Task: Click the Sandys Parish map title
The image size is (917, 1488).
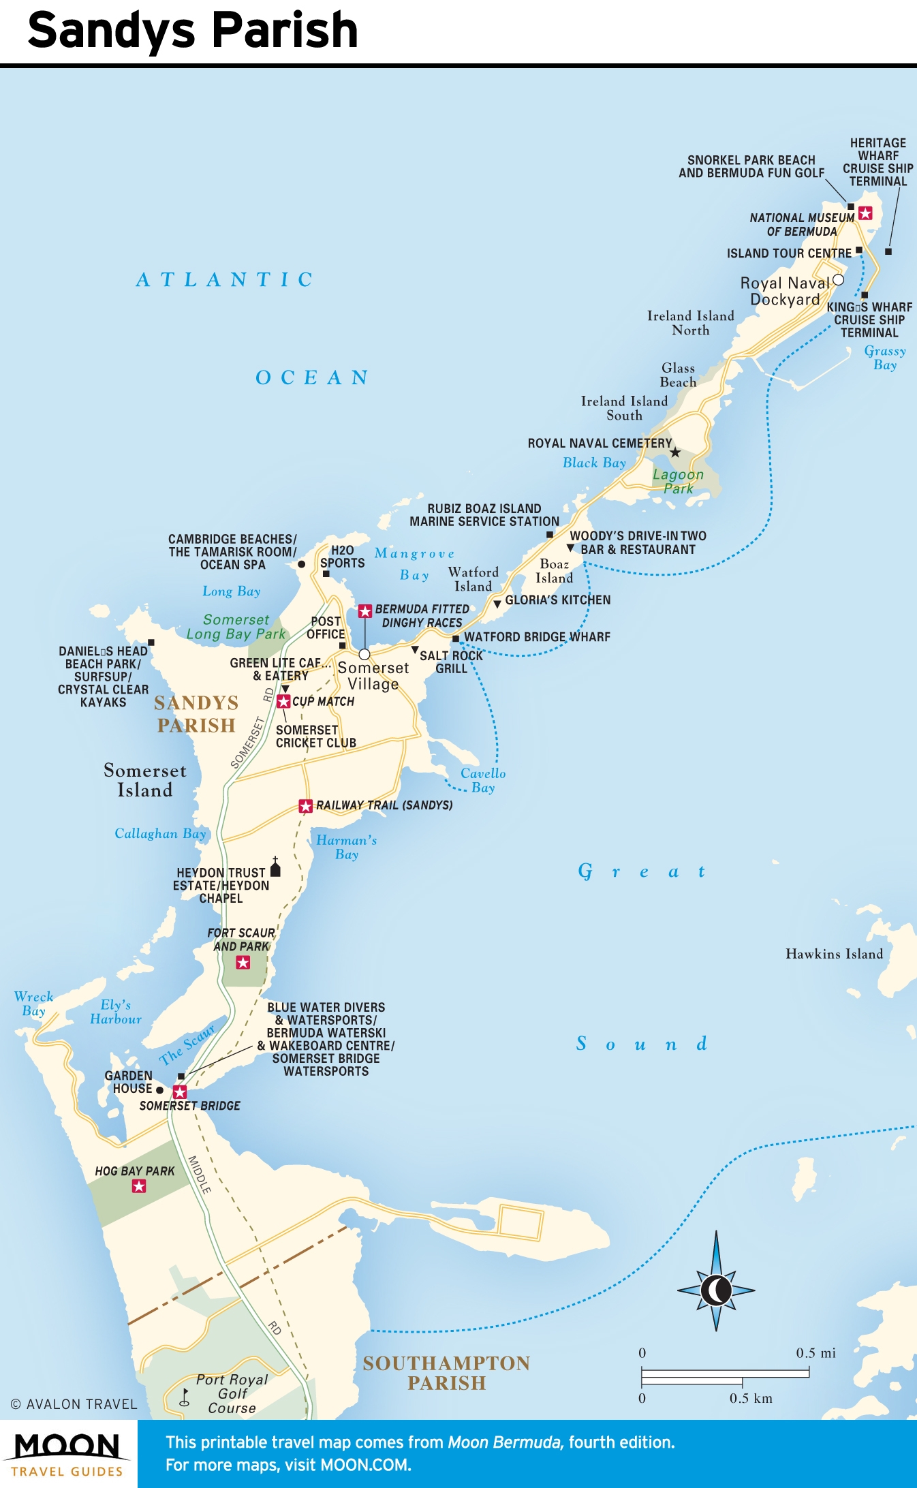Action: pyautogui.click(x=193, y=31)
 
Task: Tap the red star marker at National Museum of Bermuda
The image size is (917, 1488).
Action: pyautogui.click(x=865, y=213)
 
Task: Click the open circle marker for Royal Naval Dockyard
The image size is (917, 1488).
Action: pyautogui.click(x=838, y=280)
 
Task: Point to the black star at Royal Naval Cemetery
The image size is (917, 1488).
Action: pyautogui.click(x=675, y=452)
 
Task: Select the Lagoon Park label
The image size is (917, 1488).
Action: pyautogui.click(x=678, y=481)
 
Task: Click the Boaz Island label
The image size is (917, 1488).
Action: pyautogui.click(x=554, y=571)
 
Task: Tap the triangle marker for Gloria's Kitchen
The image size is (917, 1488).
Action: pyautogui.click(x=497, y=604)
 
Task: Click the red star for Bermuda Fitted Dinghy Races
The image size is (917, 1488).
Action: pyautogui.click(x=365, y=611)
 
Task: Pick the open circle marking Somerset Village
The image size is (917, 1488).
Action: pyautogui.click(x=364, y=654)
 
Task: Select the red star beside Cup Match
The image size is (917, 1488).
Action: pyautogui.click(x=283, y=701)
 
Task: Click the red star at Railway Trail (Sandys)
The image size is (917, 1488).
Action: pyautogui.click(x=306, y=806)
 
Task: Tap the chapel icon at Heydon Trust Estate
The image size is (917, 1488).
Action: pyautogui.click(x=275, y=868)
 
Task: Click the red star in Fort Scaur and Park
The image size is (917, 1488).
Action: pyautogui.click(x=243, y=963)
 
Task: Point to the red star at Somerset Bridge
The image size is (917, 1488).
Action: pyautogui.click(x=180, y=1092)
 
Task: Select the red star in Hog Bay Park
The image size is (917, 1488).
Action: pyautogui.click(x=139, y=1186)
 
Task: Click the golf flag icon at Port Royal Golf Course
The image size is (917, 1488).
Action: pyautogui.click(x=185, y=1397)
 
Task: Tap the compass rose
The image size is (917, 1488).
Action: pyautogui.click(x=716, y=1289)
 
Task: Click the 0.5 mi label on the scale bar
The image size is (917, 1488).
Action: pyautogui.click(x=815, y=1353)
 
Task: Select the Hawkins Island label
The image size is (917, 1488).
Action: pyautogui.click(x=834, y=954)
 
